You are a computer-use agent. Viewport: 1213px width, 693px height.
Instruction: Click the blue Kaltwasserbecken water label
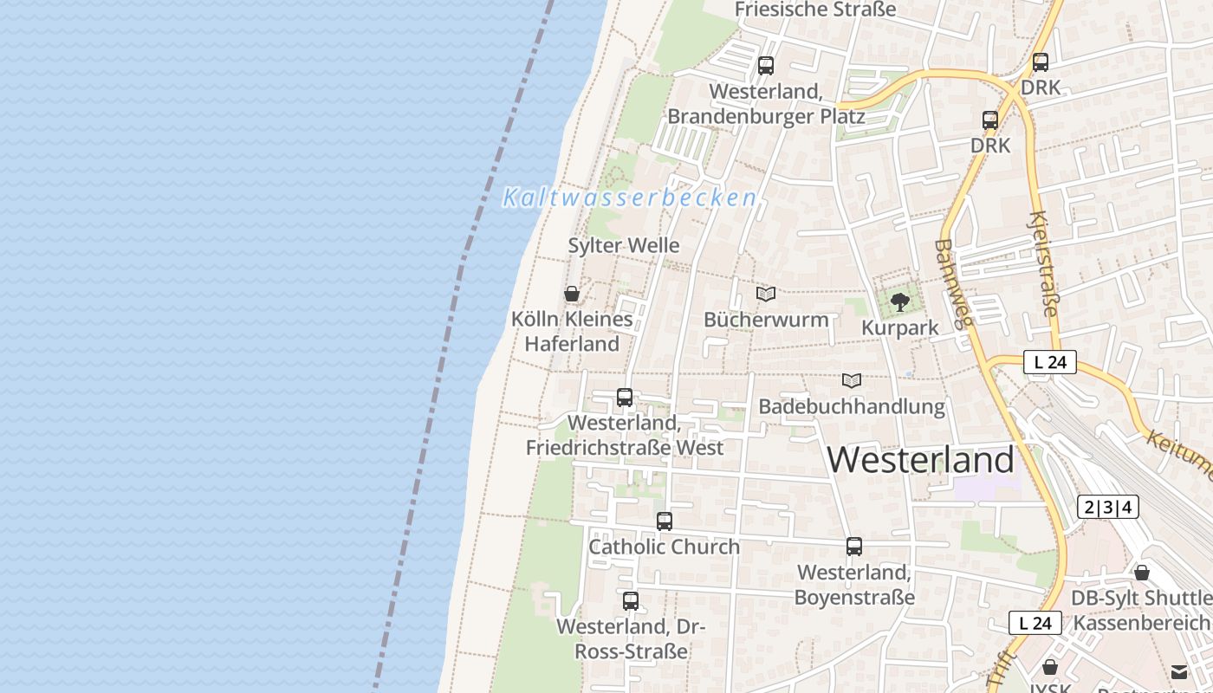coord(630,198)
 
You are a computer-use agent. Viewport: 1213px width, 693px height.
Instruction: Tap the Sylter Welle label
coord(623,246)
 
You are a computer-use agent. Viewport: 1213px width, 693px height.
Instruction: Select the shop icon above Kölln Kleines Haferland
coord(572,294)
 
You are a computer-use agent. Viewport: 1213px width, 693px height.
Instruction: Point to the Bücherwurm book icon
coord(765,295)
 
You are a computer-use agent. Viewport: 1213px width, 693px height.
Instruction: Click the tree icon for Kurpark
coord(900,302)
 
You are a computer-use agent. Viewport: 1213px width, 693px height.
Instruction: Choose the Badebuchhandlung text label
coord(851,406)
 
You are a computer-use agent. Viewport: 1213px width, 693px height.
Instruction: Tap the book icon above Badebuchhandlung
coord(852,380)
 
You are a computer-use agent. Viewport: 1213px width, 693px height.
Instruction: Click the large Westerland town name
coord(920,459)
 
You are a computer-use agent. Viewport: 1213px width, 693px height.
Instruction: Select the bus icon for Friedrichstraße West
coord(625,398)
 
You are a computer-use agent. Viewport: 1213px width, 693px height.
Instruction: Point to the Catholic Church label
coord(664,547)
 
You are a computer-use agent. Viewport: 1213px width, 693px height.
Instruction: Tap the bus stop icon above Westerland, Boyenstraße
coord(854,547)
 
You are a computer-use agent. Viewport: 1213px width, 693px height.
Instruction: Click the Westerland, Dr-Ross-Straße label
coord(630,638)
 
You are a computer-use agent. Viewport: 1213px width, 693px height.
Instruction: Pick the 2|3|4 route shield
coord(1107,508)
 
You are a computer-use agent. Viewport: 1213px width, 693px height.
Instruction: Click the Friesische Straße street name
coord(814,10)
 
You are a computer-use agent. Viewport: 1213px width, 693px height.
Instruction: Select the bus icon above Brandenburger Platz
coord(766,66)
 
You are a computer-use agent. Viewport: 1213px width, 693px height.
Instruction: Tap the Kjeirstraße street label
coord(1043,264)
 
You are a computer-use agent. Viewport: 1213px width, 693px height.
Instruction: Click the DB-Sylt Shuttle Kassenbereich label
coord(1141,610)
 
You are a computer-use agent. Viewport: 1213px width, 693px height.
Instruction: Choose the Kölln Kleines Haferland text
coord(572,332)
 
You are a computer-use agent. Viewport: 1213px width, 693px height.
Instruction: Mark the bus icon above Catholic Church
coord(665,521)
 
